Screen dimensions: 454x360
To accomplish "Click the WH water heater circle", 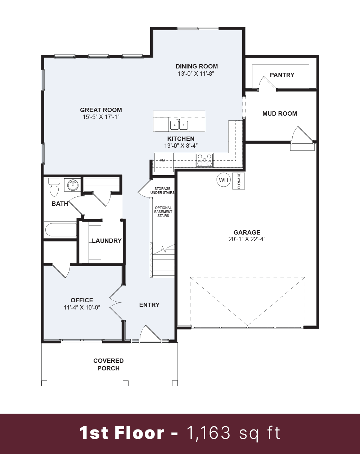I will tap(224, 180).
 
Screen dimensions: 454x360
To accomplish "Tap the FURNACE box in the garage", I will tap(239, 181).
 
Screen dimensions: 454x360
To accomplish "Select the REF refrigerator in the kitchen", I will tap(163, 160).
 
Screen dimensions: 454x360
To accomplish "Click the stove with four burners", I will tap(204, 160).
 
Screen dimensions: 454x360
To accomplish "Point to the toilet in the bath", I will tap(54, 188).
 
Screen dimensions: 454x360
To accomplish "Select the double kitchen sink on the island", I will tap(179, 125).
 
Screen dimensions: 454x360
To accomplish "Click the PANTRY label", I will tap(282, 75).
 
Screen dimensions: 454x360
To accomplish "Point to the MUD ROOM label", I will tap(280, 113).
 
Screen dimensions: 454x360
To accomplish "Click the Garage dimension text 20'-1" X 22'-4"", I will tap(247, 239).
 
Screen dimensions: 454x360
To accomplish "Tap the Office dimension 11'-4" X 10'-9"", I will tap(82, 307).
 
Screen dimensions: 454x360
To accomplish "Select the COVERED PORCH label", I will tap(108, 364).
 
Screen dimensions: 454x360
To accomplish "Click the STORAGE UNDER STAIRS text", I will tap(163, 191).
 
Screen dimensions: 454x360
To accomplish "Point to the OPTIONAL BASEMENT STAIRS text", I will tap(163, 212).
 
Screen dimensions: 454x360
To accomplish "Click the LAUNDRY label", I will tap(107, 241).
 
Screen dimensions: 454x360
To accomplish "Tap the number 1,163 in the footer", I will tap(209, 433).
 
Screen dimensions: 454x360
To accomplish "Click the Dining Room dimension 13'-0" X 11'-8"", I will tap(197, 74).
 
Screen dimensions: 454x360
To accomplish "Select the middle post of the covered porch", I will tap(125, 383).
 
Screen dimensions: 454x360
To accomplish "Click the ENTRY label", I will tap(149, 305).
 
